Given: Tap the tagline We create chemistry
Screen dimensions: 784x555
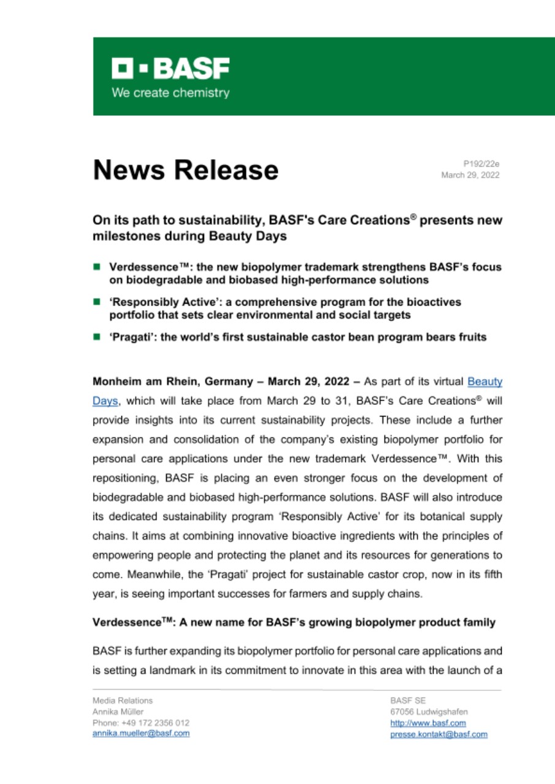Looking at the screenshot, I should pyautogui.click(x=170, y=94).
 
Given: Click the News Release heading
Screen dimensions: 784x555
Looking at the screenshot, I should pyautogui.click(x=185, y=170).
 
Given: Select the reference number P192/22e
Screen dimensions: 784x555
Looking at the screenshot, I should pyautogui.click(x=481, y=164).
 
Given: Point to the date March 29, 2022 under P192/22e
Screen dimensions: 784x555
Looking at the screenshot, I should pyautogui.click(x=470, y=175).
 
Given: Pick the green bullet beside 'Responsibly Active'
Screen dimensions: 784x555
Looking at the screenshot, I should pyautogui.click(x=97, y=302).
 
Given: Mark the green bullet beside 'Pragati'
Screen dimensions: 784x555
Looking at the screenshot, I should pyautogui.click(x=97, y=337).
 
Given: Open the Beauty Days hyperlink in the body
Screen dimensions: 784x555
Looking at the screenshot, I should pyautogui.click(x=484, y=381).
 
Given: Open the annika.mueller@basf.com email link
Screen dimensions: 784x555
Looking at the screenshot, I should pyautogui.click(x=140, y=734).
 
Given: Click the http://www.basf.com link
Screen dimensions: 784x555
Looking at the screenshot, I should pyautogui.click(x=428, y=723).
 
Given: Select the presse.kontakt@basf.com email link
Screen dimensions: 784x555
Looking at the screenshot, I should pyautogui.click(x=438, y=734).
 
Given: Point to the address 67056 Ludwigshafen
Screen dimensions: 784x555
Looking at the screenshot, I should pyautogui.click(x=429, y=712).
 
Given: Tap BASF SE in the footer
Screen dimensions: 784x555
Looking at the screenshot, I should pyautogui.click(x=404, y=700).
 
